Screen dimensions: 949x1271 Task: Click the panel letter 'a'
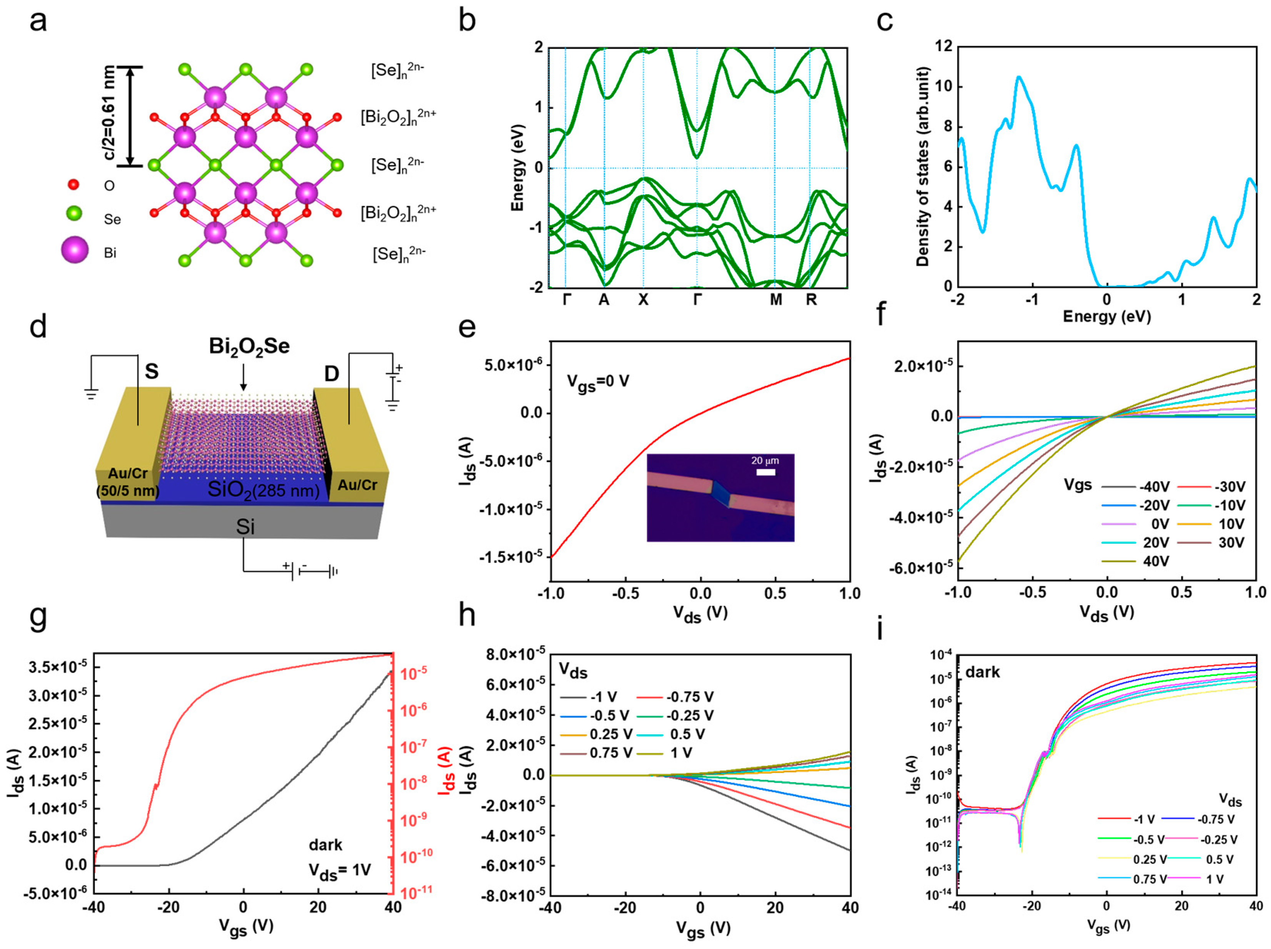point(38,22)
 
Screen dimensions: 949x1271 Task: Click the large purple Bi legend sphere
point(75,250)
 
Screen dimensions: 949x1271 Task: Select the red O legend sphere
point(73,184)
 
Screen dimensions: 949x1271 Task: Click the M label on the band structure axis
point(776,300)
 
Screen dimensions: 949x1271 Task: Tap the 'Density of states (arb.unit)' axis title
point(923,167)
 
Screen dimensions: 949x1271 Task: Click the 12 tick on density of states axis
point(943,46)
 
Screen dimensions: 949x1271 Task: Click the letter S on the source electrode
point(152,372)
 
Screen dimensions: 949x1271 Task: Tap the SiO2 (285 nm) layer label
point(263,490)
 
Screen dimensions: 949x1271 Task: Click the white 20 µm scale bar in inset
point(765,472)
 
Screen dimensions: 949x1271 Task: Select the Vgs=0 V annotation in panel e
point(597,381)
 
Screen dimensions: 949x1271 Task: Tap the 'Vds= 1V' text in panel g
point(339,871)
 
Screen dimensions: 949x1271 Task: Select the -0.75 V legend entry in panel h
point(689,697)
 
